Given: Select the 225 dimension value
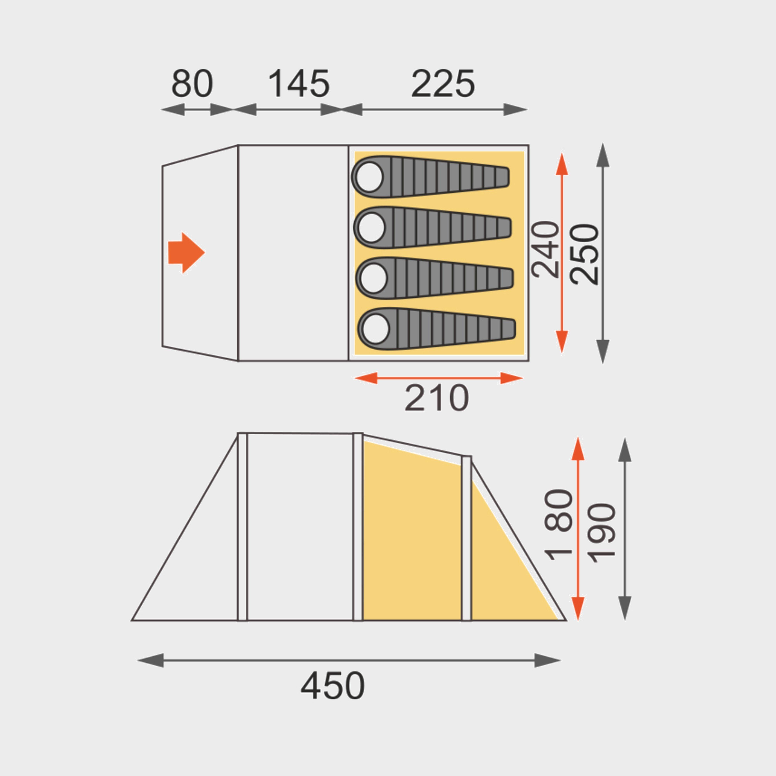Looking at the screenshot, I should [x=443, y=84].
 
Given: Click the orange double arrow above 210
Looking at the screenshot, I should [x=439, y=378].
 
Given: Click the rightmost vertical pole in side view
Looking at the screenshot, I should [x=466, y=538].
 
